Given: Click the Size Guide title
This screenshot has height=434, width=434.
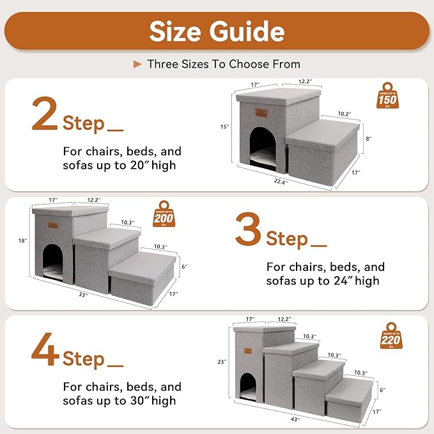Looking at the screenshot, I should point(217,30).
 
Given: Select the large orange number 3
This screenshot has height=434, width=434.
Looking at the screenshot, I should point(248,230).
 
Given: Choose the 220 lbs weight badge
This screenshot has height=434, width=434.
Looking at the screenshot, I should point(391,338).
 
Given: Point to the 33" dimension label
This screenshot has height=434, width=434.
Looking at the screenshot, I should point(83,295).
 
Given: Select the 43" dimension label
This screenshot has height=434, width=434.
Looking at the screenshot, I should point(277,420).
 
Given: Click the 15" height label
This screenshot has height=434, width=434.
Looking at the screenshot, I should point(224,127).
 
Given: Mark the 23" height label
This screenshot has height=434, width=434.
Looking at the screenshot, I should point(222,362).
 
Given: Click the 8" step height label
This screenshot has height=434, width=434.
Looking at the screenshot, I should point(368,138).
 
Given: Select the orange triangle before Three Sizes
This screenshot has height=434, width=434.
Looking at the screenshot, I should point(137,64).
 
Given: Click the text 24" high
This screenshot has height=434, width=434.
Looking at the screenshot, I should point(350,281).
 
